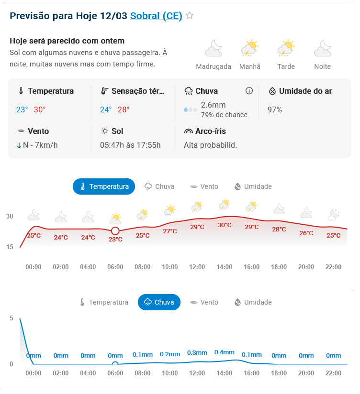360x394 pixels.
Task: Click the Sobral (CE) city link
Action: coord(156,16)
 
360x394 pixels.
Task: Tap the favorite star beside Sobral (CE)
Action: coord(190,16)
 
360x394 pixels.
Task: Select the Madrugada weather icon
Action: coord(214,49)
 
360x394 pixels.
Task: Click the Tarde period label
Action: coord(286,66)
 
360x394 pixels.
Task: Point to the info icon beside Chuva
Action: coord(249,91)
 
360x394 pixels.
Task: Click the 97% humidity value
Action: coord(275,109)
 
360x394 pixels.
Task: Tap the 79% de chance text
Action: coord(224,115)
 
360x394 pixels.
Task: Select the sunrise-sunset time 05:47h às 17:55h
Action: coord(130,145)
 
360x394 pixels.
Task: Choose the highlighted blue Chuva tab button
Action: coord(159,302)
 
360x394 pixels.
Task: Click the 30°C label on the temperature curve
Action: coord(225,225)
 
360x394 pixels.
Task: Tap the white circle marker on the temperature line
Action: coord(115,231)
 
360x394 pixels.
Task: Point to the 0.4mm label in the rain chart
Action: coord(225,352)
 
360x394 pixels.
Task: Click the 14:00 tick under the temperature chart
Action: coord(225,267)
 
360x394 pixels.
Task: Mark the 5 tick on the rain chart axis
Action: coord(11,318)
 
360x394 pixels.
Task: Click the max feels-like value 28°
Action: coord(124,109)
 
